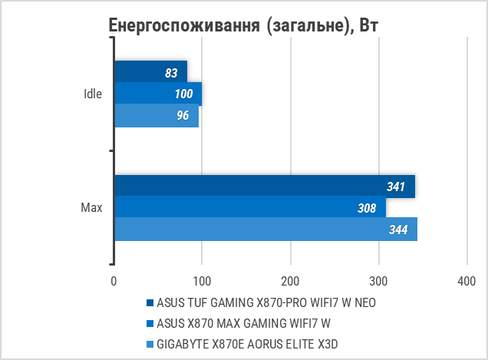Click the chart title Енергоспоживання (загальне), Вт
[x=243, y=26]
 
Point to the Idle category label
[x=93, y=94]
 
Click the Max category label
[x=91, y=208]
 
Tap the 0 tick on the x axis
[x=114, y=281]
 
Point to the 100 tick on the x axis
[x=202, y=281]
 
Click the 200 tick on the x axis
[x=290, y=281]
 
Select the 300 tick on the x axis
[x=378, y=281]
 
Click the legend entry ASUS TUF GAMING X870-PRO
[x=265, y=302]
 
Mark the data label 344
[x=398, y=230]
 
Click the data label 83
[x=171, y=73]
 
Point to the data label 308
[x=367, y=208]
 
